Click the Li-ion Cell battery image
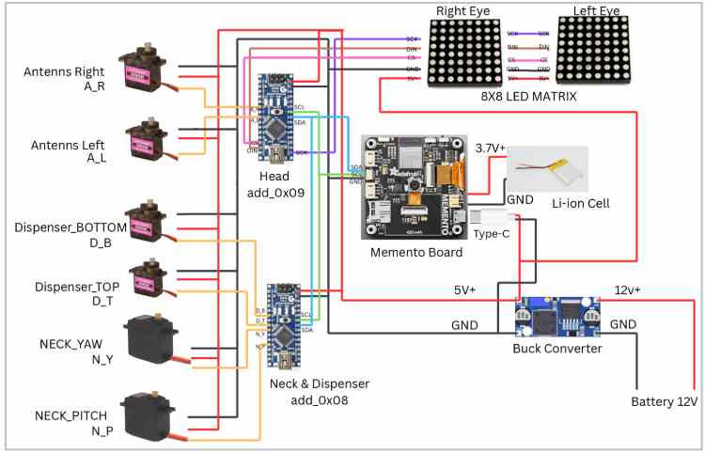(548, 169)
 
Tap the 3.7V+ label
(491, 148)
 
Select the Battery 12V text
(664, 401)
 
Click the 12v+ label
(627, 289)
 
